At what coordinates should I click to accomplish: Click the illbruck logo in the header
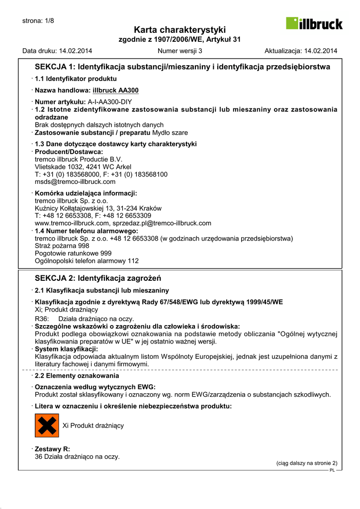[x=314, y=23]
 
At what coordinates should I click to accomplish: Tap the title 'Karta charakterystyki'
[x=180, y=30]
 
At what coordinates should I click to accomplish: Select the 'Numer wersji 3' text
[x=180, y=51]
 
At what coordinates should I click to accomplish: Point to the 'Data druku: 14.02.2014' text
[x=57, y=51]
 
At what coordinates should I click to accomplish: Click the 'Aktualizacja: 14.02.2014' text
[x=301, y=51]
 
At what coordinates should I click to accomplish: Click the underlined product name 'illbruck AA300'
[x=115, y=90]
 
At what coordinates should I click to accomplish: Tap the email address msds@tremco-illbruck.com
[x=75, y=182]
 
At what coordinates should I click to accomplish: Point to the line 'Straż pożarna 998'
[x=62, y=246]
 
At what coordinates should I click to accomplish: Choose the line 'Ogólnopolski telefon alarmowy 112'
[x=87, y=260]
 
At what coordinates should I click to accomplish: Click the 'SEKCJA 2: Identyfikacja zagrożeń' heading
[x=98, y=278]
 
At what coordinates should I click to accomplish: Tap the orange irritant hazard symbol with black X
[x=47, y=425]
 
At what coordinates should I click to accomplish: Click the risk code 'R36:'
[x=41, y=319]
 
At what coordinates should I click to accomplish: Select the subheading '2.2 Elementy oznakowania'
[x=77, y=376]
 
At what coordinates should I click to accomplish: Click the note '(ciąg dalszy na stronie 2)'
[x=307, y=463]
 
